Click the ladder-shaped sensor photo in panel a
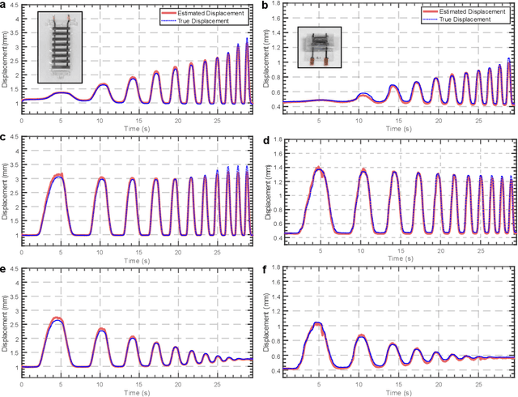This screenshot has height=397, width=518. [x=62, y=49]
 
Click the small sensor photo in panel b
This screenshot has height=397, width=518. [x=317, y=48]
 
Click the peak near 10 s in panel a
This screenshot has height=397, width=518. [x=103, y=84]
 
